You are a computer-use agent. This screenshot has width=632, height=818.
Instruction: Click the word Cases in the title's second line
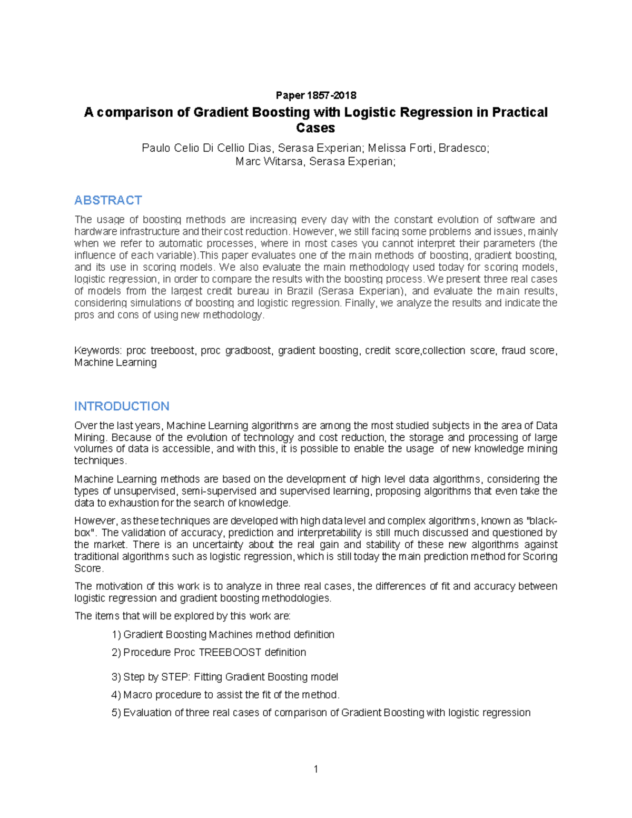pos(315,128)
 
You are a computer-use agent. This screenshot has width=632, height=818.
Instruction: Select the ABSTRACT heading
pos(108,200)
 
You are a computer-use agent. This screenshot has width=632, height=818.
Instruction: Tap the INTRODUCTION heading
pos(122,406)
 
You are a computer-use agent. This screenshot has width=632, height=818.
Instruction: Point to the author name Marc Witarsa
pos(269,162)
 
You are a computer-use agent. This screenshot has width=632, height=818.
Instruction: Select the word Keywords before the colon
pos(97,351)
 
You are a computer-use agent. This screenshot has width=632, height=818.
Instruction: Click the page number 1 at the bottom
pos(315,769)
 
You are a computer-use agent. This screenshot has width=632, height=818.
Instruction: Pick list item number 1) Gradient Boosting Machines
pos(223,635)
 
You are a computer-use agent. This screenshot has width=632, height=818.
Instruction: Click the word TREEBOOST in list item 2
pos(230,653)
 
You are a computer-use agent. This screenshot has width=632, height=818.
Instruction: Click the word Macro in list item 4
pos(138,695)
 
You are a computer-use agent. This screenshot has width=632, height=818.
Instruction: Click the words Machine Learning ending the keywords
pos(115,363)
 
